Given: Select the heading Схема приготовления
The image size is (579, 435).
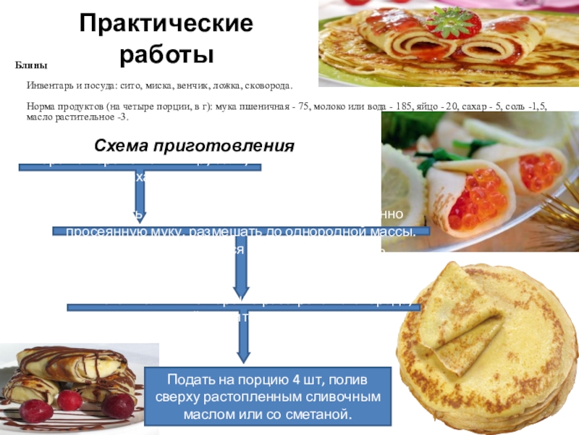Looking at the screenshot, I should coord(195,145).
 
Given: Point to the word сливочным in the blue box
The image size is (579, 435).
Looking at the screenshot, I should coord(347,399).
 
